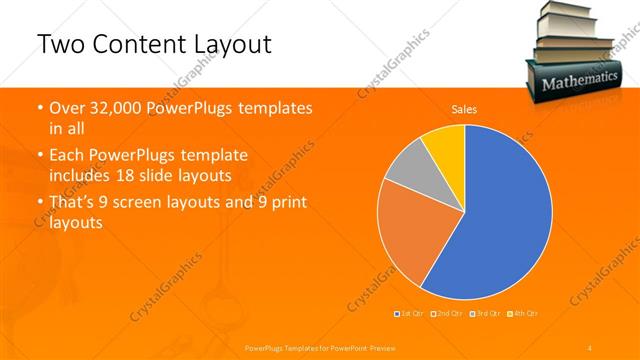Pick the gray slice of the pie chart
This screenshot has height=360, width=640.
coord(405,170)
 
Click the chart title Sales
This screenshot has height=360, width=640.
coord(464,109)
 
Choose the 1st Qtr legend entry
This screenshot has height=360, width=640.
coord(410,314)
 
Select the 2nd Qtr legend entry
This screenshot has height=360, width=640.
coord(447,314)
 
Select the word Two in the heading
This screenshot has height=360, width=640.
coord(59,45)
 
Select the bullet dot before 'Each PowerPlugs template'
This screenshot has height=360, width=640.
coord(40,156)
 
